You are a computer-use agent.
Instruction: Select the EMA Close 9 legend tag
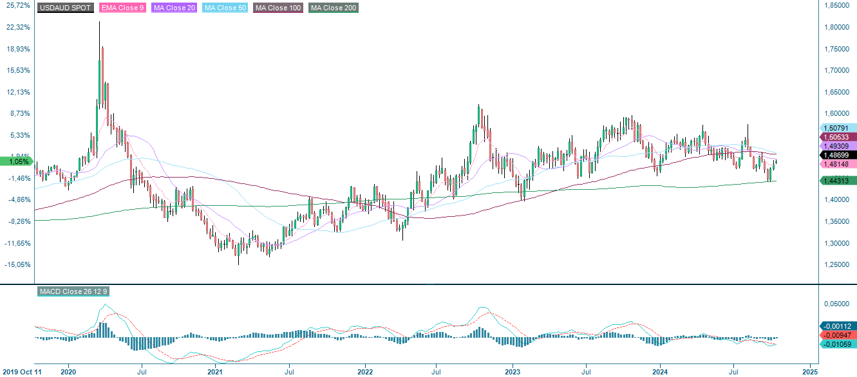tap(122, 8)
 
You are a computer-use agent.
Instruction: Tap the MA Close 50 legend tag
tap(225, 8)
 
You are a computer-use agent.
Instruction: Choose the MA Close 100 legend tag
tap(278, 8)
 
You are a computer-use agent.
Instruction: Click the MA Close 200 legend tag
tap(333, 8)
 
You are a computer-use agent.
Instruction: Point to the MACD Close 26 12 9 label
tap(73, 291)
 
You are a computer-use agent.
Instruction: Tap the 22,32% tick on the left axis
tap(17, 27)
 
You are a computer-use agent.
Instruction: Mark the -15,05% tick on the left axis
tap(17, 264)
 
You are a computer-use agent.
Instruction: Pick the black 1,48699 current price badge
tap(837, 155)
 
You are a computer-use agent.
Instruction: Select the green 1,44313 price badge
tap(837, 181)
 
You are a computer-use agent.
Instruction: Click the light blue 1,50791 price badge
tap(837, 128)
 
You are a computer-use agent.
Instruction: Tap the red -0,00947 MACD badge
tap(837, 335)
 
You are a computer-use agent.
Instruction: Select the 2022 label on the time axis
tap(365, 372)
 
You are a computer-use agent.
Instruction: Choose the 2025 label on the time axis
tap(810, 372)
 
